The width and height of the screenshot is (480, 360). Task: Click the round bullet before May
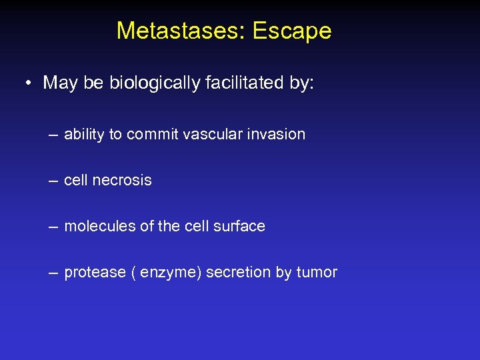pos(29,83)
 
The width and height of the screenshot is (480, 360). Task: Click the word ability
pos(85,135)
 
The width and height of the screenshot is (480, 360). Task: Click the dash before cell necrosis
pos(53,181)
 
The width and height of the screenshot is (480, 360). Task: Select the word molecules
pos(99,227)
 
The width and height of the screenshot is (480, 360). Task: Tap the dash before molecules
pos(53,227)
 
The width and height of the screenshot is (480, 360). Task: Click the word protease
pos(95,273)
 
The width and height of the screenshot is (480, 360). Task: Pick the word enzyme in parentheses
pos(168,273)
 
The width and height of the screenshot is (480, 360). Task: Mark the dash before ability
pos(53,135)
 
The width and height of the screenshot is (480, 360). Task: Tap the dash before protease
pos(53,273)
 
